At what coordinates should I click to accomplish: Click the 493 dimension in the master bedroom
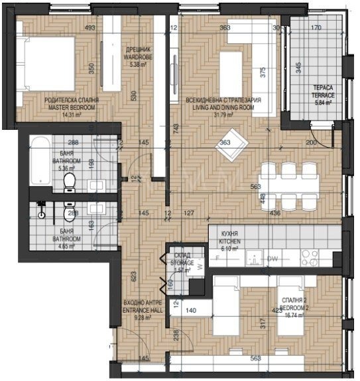click(x=90, y=28)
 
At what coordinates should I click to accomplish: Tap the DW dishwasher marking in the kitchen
click(x=272, y=259)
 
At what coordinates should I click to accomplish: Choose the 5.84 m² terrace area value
click(x=324, y=103)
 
